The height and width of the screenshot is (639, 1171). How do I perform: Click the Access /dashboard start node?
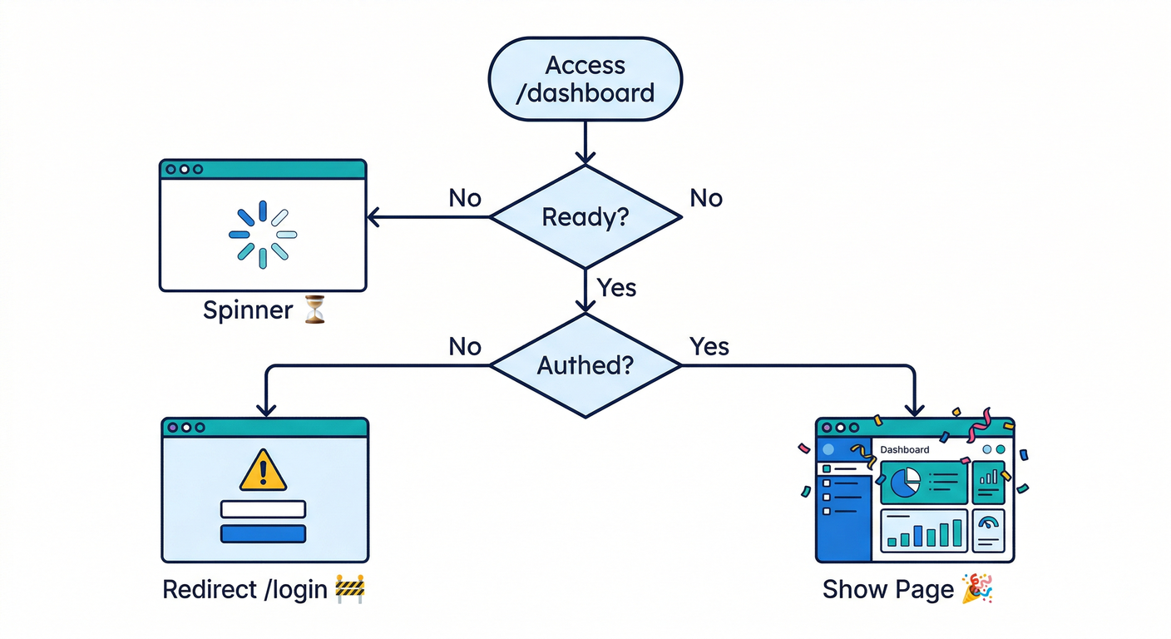coord(585,78)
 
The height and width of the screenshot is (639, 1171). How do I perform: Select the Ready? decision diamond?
coord(585,217)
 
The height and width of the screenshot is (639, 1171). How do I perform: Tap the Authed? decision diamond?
coord(585,365)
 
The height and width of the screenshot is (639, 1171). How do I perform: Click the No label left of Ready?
coord(465,198)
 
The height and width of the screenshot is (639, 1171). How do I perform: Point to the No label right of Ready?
coord(706,198)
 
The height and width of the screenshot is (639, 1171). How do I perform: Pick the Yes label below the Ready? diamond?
coord(616,288)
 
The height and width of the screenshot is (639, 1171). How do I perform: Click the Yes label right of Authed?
coord(709,346)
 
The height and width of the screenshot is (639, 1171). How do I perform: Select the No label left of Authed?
coord(465,346)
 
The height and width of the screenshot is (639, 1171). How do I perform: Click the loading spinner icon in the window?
coord(263,235)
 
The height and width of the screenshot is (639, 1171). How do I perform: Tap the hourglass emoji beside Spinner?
coord(314,310)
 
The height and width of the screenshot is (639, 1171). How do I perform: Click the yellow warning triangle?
coord(263,471)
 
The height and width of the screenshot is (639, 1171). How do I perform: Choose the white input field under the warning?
coord(263,509)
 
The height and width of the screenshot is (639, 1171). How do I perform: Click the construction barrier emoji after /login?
coord(350,589)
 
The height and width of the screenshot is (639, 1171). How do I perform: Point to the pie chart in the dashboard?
coord(906,481)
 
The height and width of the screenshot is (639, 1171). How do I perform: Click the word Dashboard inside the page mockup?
coord(904,449)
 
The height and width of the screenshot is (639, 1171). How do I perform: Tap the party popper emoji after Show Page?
coord(977,588)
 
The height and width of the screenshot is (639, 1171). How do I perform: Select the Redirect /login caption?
coord(245,589)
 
